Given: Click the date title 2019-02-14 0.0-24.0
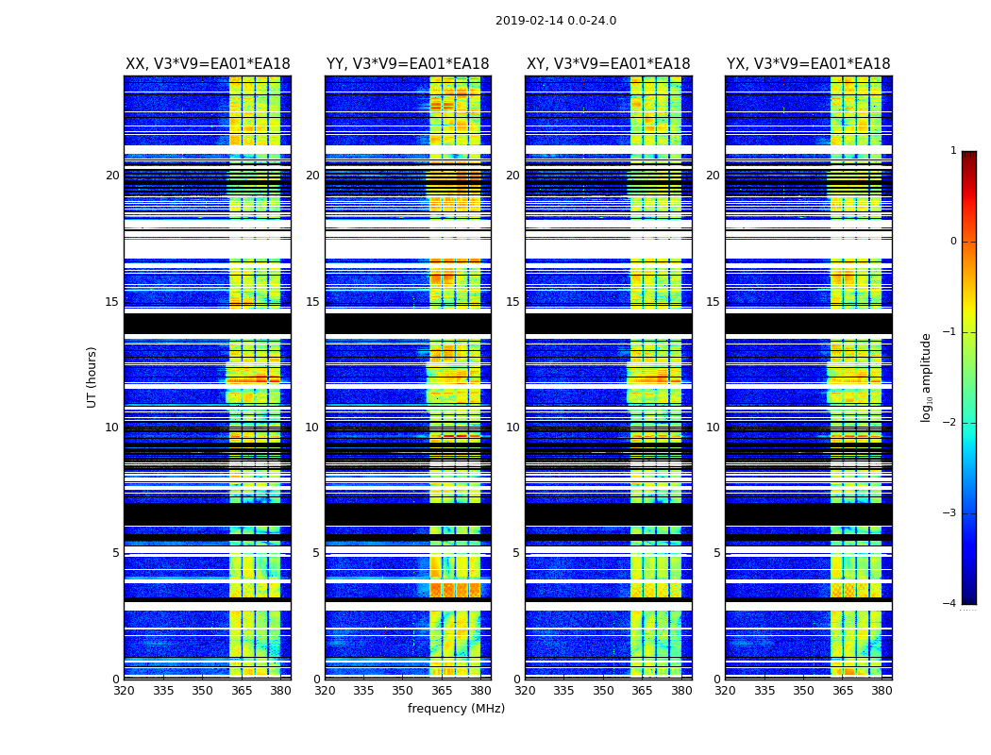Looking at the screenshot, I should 556,21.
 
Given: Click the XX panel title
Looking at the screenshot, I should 208,64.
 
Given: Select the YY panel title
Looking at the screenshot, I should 408,64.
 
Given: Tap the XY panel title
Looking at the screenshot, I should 608,64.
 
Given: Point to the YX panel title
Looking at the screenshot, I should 808,64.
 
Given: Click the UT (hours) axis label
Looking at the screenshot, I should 92,377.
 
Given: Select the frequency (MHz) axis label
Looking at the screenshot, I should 456,709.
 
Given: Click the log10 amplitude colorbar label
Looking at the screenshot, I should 927,377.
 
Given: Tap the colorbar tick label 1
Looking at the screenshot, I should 953,151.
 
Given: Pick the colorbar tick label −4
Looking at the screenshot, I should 950,604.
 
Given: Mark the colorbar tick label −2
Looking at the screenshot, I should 950,423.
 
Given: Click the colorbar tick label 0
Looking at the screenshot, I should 953,242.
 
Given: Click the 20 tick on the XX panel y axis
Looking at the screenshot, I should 112,176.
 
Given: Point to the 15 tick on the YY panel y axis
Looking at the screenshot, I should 312,302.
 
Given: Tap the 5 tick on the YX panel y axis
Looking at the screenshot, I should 716,553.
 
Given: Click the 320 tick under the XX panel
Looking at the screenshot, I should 125,691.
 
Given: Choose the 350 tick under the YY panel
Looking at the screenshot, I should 403,691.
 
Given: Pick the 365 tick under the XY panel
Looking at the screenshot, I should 643,691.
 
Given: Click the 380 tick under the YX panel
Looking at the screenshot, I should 882,691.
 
